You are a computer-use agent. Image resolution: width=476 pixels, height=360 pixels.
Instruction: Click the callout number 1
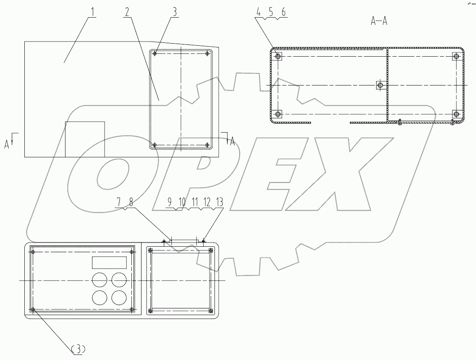coord(92,12)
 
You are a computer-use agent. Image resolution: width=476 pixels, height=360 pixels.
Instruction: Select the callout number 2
coord(126,12)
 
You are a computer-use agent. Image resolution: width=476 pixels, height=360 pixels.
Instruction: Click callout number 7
coord(119,203)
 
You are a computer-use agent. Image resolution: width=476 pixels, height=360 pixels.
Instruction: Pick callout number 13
coord(220,203)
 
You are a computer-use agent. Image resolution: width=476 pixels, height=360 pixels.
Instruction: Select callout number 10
coord(182,203)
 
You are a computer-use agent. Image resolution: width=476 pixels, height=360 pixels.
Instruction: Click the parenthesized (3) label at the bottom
coord(79,348)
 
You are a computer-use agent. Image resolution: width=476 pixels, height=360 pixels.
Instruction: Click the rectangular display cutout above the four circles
coord(110,263)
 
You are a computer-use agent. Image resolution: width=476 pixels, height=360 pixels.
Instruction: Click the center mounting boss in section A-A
coord(380,85)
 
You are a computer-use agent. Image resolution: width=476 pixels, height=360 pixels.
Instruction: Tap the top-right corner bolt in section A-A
coord(456,56)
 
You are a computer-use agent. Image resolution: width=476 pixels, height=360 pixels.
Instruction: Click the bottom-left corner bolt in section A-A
coord(277,114)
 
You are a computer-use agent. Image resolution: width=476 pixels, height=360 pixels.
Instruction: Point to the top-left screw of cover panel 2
coord(155,54)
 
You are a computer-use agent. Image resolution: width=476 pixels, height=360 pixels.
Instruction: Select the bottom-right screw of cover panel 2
coord(208,145)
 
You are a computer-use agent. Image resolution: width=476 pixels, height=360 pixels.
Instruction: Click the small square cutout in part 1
coord(85,139)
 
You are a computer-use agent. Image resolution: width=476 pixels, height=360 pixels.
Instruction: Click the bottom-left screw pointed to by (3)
coord(33,310)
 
